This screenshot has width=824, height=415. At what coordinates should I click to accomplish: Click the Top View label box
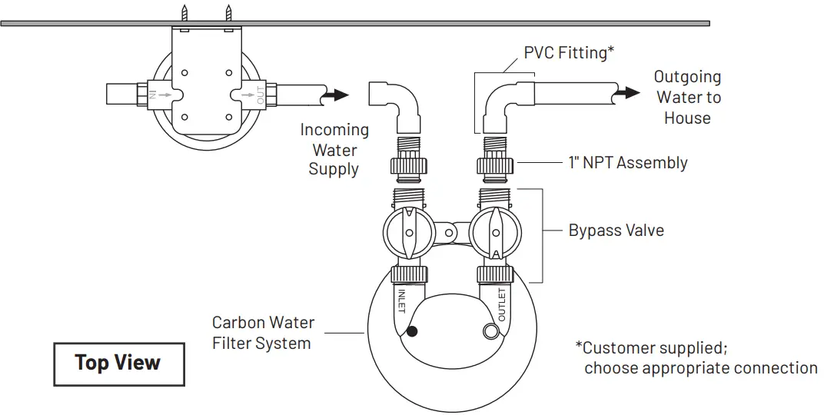point(118,364)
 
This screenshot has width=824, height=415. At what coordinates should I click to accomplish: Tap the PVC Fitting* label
point(569,52)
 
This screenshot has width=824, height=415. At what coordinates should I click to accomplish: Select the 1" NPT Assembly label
point(628,162)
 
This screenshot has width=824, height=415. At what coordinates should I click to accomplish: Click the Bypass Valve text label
point(616,230)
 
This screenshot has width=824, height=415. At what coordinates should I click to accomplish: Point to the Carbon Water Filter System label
point(263,333)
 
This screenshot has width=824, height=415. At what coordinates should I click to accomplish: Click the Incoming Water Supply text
point(334,150)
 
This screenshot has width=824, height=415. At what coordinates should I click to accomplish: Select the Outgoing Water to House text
point(687,98)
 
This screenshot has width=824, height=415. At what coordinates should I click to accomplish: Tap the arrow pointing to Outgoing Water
point(628,92)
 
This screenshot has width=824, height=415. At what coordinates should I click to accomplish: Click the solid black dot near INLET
point(413,331)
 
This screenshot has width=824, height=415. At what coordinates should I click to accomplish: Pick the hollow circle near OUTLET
point(490,331)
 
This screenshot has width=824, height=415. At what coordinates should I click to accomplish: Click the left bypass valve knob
point(409,233)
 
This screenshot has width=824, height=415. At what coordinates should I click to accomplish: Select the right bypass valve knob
point(495,233)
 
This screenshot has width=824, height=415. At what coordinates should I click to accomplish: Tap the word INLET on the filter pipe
point(401,300)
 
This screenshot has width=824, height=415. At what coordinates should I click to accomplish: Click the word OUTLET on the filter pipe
point(501,305)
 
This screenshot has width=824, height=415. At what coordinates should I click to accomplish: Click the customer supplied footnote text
point(696,358)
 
